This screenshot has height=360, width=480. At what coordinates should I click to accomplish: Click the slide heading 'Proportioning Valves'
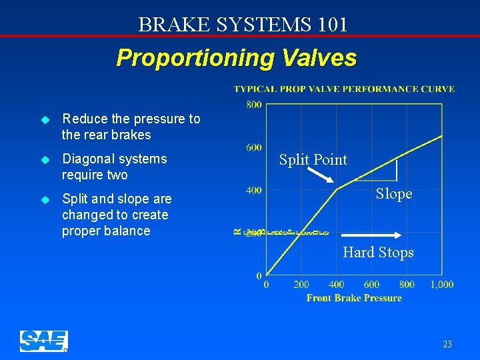tap(236, 58)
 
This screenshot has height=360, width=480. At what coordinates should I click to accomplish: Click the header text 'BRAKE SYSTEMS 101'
tap(243, 25)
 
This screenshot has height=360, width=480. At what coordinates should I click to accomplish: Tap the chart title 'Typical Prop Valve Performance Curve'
tap(344, 89)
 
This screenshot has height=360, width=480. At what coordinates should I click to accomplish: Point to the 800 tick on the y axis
tap(253, 105)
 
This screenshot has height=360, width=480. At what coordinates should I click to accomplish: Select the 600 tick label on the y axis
tap(253, 147)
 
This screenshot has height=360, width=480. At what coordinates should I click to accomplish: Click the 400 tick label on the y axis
tap(253, 191)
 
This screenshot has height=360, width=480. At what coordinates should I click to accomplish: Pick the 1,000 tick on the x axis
tap(441, 285)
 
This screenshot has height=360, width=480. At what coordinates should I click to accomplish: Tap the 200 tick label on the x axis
tap(301, 285)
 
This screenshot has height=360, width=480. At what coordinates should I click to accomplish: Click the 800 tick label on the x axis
tap(406, 285)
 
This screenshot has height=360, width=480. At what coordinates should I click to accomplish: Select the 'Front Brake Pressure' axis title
tap(354, 298)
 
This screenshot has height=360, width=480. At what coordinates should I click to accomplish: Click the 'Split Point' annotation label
tap(313, 160)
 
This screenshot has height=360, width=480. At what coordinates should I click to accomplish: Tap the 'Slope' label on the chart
tap(394, 194)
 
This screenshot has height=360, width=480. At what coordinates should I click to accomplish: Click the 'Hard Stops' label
tap(378, 253)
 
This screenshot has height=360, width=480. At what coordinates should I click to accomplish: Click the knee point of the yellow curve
tap(337, 189)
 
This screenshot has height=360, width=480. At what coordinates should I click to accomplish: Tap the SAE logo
tap(44, 341)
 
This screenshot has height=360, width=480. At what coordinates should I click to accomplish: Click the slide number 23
tap(447, 345)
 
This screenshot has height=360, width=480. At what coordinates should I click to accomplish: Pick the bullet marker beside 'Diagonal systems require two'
tap(45, 160)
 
